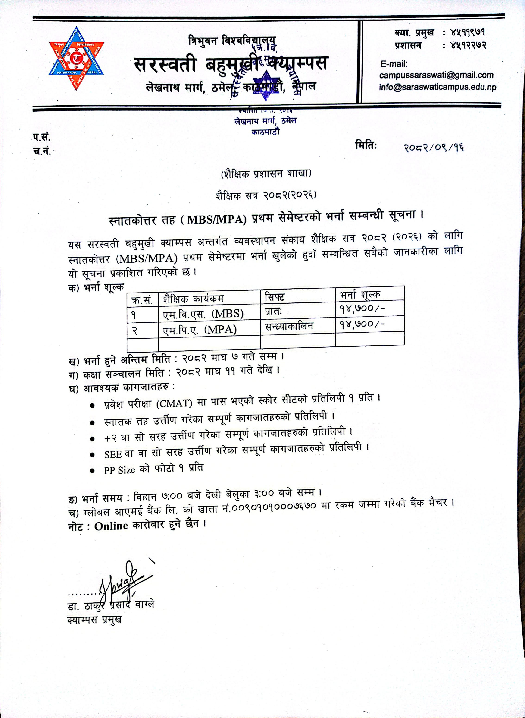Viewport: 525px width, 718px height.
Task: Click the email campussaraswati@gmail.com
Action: (x=436, y=75)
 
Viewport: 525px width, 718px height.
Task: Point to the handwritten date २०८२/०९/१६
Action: (x=434, y=148)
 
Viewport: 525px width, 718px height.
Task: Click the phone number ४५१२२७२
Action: (x=468, y=45)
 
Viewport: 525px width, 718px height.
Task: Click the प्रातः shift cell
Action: (x=274, y=311)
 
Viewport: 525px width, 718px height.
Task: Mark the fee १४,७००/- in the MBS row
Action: (x=362, y=309)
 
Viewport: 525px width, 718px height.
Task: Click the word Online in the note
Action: (x=111, y=526)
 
